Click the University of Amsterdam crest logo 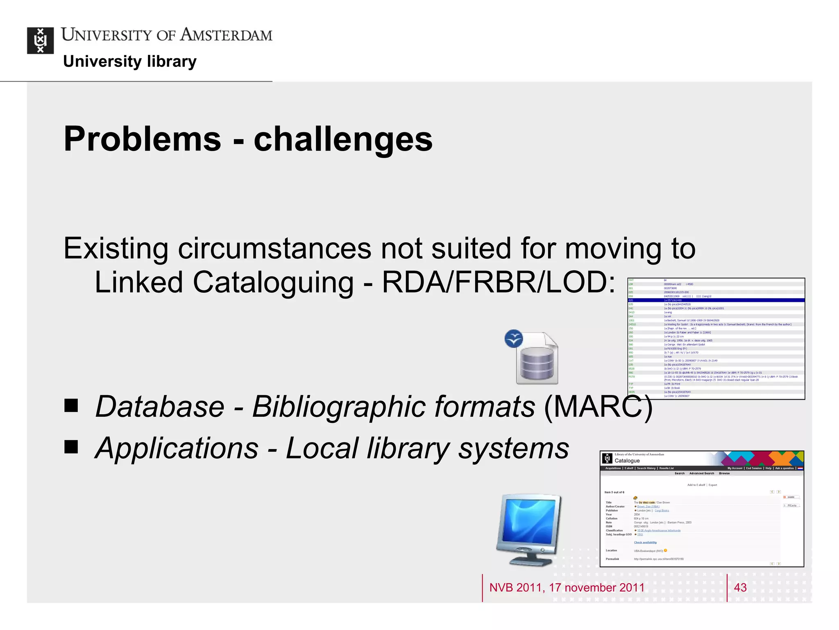(40, 41)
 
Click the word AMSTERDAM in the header (227, 35)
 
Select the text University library (130, 62)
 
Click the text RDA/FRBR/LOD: (498, 283)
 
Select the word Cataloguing (273, 283)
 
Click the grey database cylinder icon (537, 363)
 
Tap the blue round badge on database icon (514, 339)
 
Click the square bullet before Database (71, 406)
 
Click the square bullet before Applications (71, 447)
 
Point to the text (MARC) (598, 406)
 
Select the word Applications (177, 448)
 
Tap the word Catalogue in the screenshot (627, 461)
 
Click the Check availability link (645, 542)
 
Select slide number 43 (740, 588)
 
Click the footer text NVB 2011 (515, 588)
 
